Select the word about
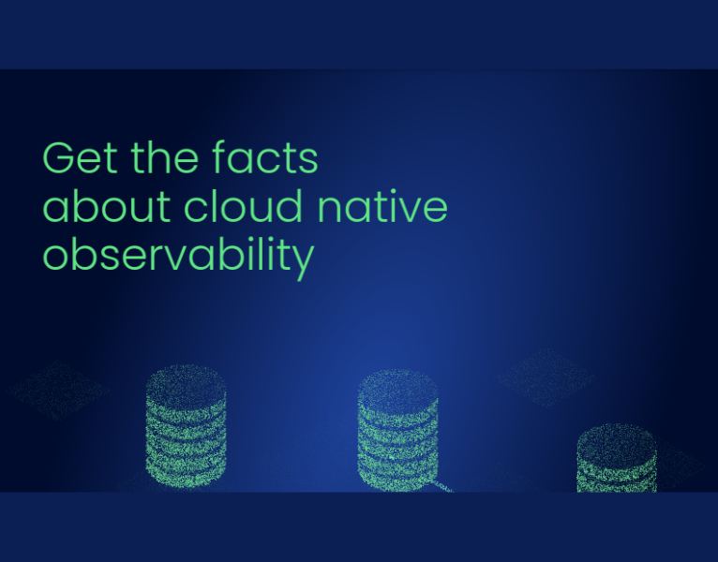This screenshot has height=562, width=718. [x=105, y=207]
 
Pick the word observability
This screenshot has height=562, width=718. [x=178, y=256]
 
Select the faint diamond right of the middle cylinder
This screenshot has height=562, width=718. [x=546, y=377]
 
